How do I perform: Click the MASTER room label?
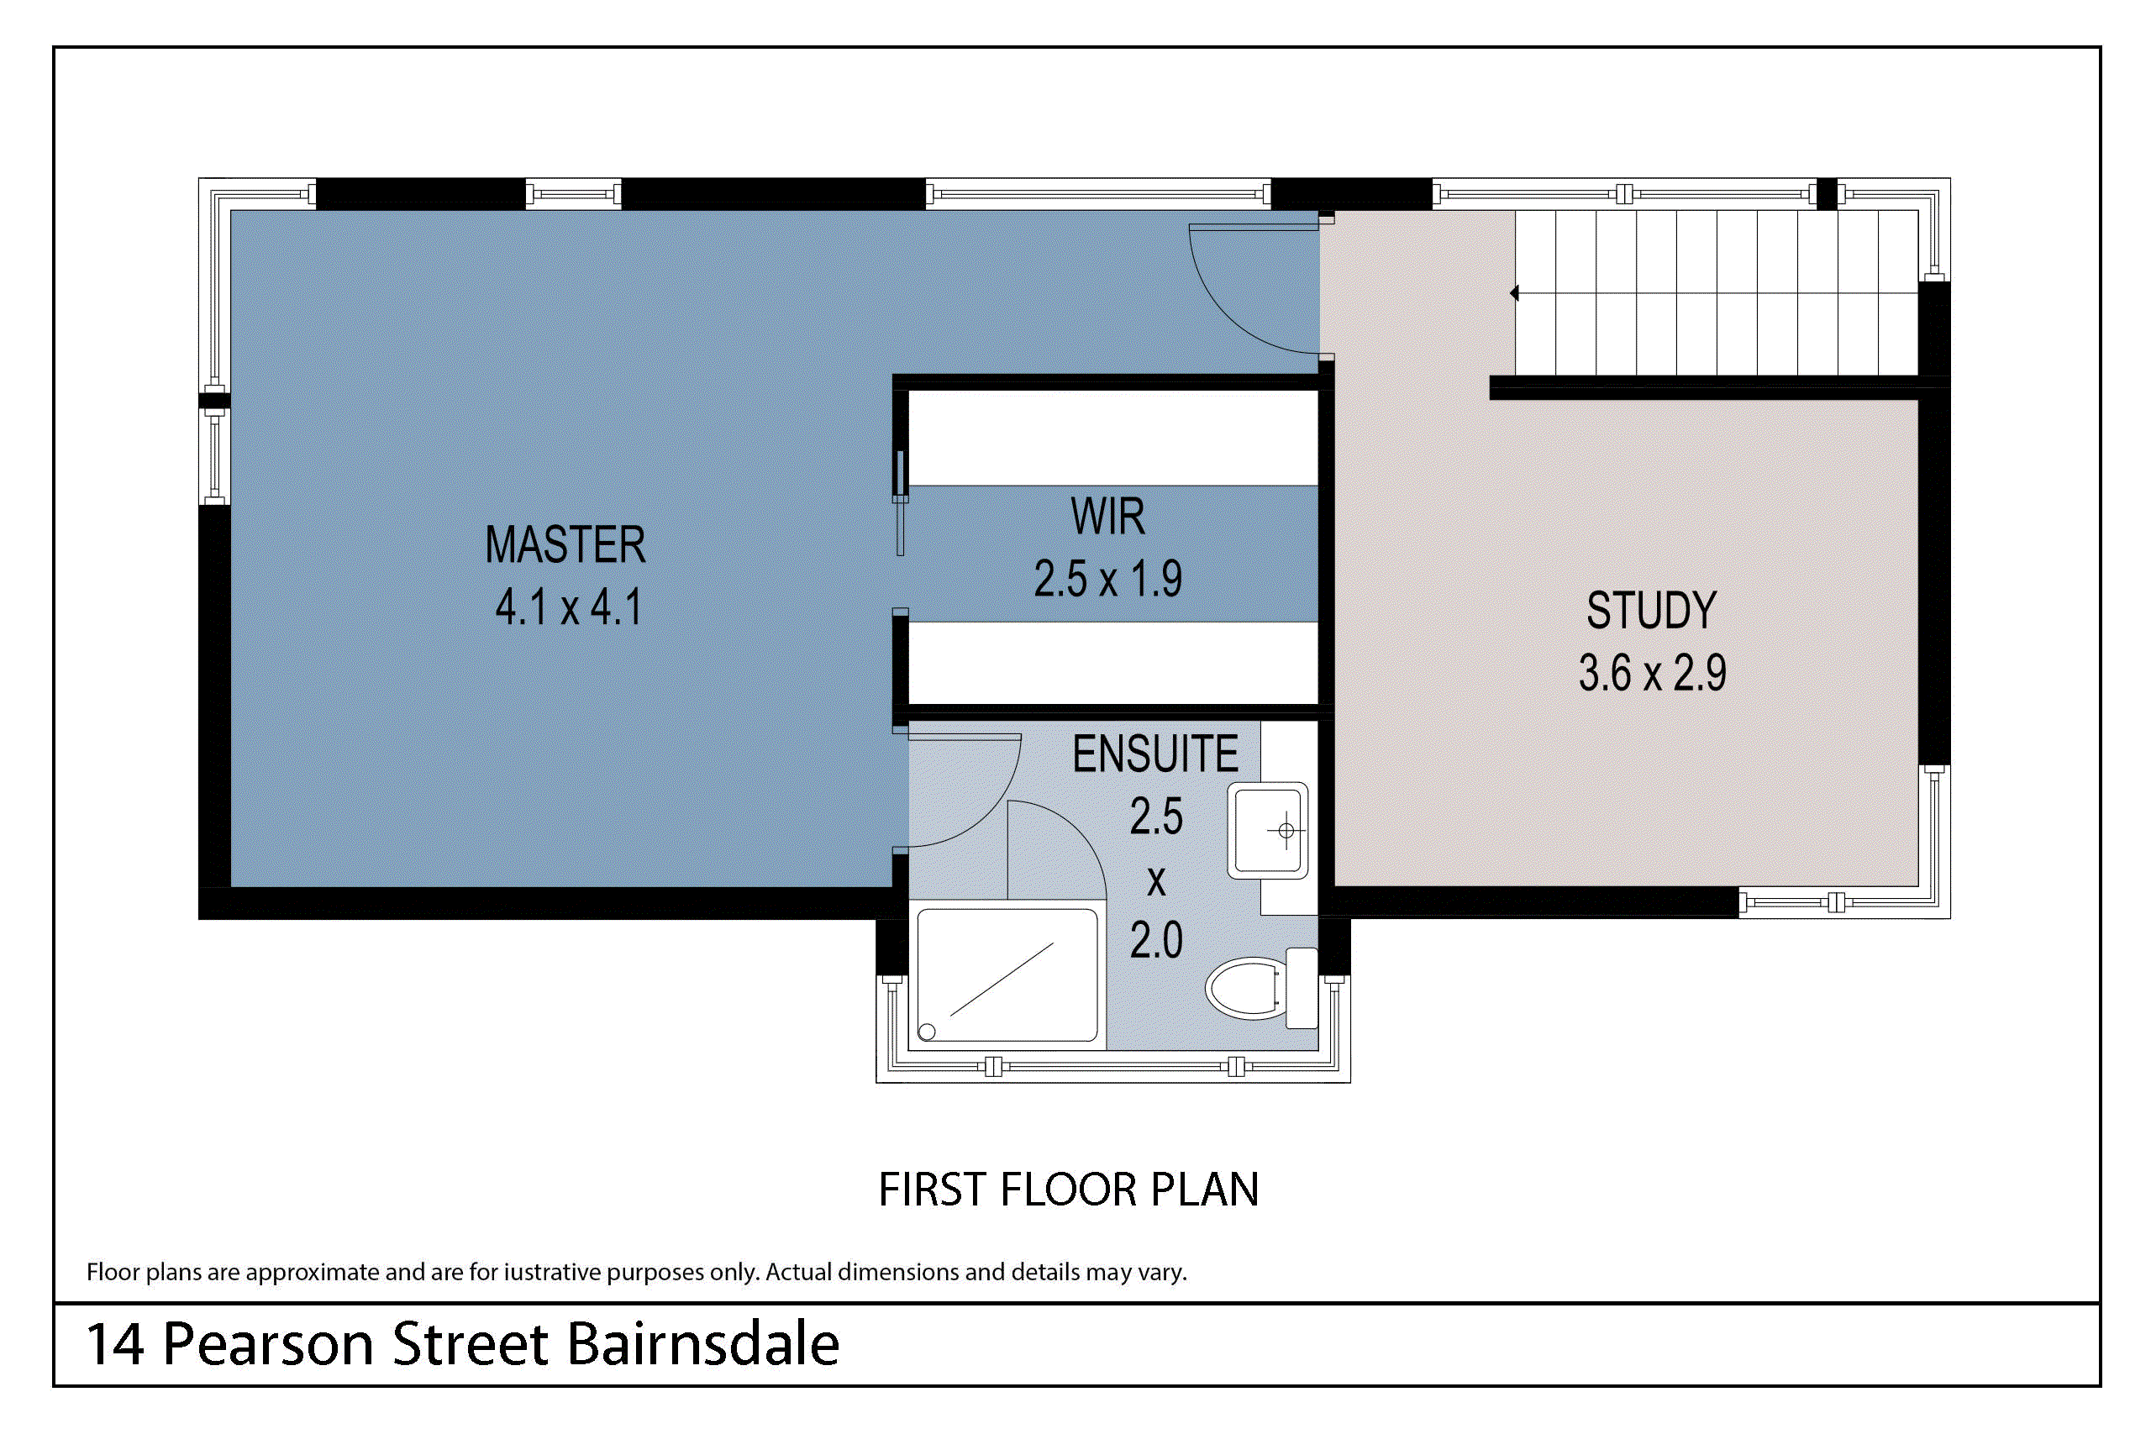click(565, 545)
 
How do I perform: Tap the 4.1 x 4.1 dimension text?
click(569, 607)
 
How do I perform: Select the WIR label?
click(1107, 517)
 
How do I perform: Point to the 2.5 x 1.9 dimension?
click(1107, 579)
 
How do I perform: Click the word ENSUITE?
click(1155, 754)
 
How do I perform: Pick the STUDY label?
click(1652, 610)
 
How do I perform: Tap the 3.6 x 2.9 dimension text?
click(1652, 673)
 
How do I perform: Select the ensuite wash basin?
click(1268, 830)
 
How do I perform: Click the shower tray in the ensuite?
click(1006, 974)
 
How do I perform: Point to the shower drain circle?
click(927, 1032)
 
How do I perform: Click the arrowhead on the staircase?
click(1514, 293)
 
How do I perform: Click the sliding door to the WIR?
click(900, 503)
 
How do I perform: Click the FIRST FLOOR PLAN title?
click(1068, 1190)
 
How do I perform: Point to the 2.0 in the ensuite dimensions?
click(1156, 941)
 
